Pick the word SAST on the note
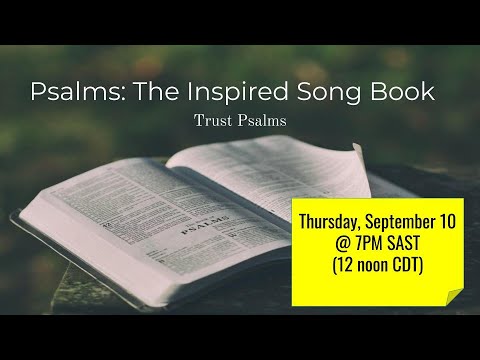pyautogui.click(x=416, y=243)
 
